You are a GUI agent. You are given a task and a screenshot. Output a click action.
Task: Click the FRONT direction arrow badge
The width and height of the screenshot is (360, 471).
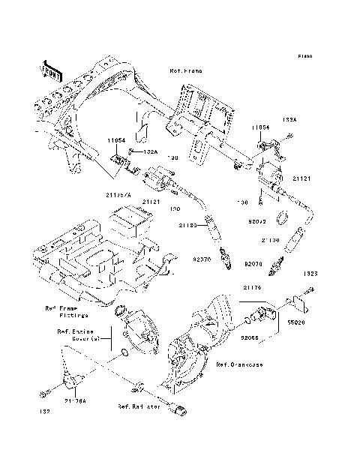[x=51, y=70]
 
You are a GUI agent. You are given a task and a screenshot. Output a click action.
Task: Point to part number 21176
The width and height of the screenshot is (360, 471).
[x=251, y=307]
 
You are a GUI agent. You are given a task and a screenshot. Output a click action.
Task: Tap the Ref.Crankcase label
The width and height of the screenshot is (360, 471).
[x=239, y=364]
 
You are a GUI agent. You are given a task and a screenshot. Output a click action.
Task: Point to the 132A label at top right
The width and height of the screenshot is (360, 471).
[x=289, y=119]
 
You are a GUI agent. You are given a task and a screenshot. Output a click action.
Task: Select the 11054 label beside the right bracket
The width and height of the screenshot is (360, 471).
[x=260, y=128]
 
